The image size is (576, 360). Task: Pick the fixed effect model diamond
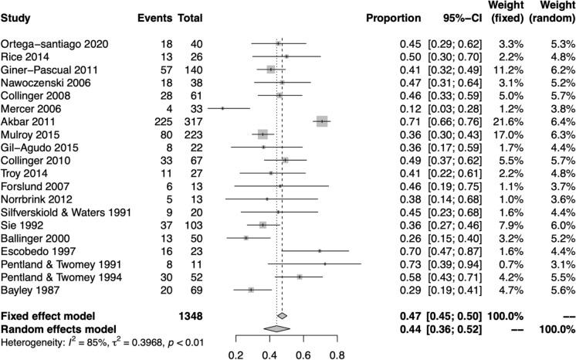pos(282,316)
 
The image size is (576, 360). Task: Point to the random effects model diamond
pos(276,328)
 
